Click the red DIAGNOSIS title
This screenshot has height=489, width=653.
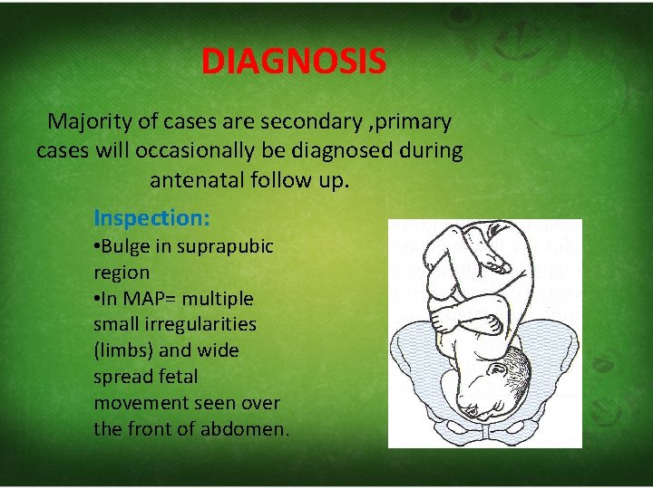point(293,62)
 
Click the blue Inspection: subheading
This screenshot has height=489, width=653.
point(151,218)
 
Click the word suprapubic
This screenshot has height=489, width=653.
point(225,246)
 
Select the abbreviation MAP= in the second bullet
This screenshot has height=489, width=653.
point(158,298)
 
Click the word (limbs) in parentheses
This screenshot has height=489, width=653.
point(123,350)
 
